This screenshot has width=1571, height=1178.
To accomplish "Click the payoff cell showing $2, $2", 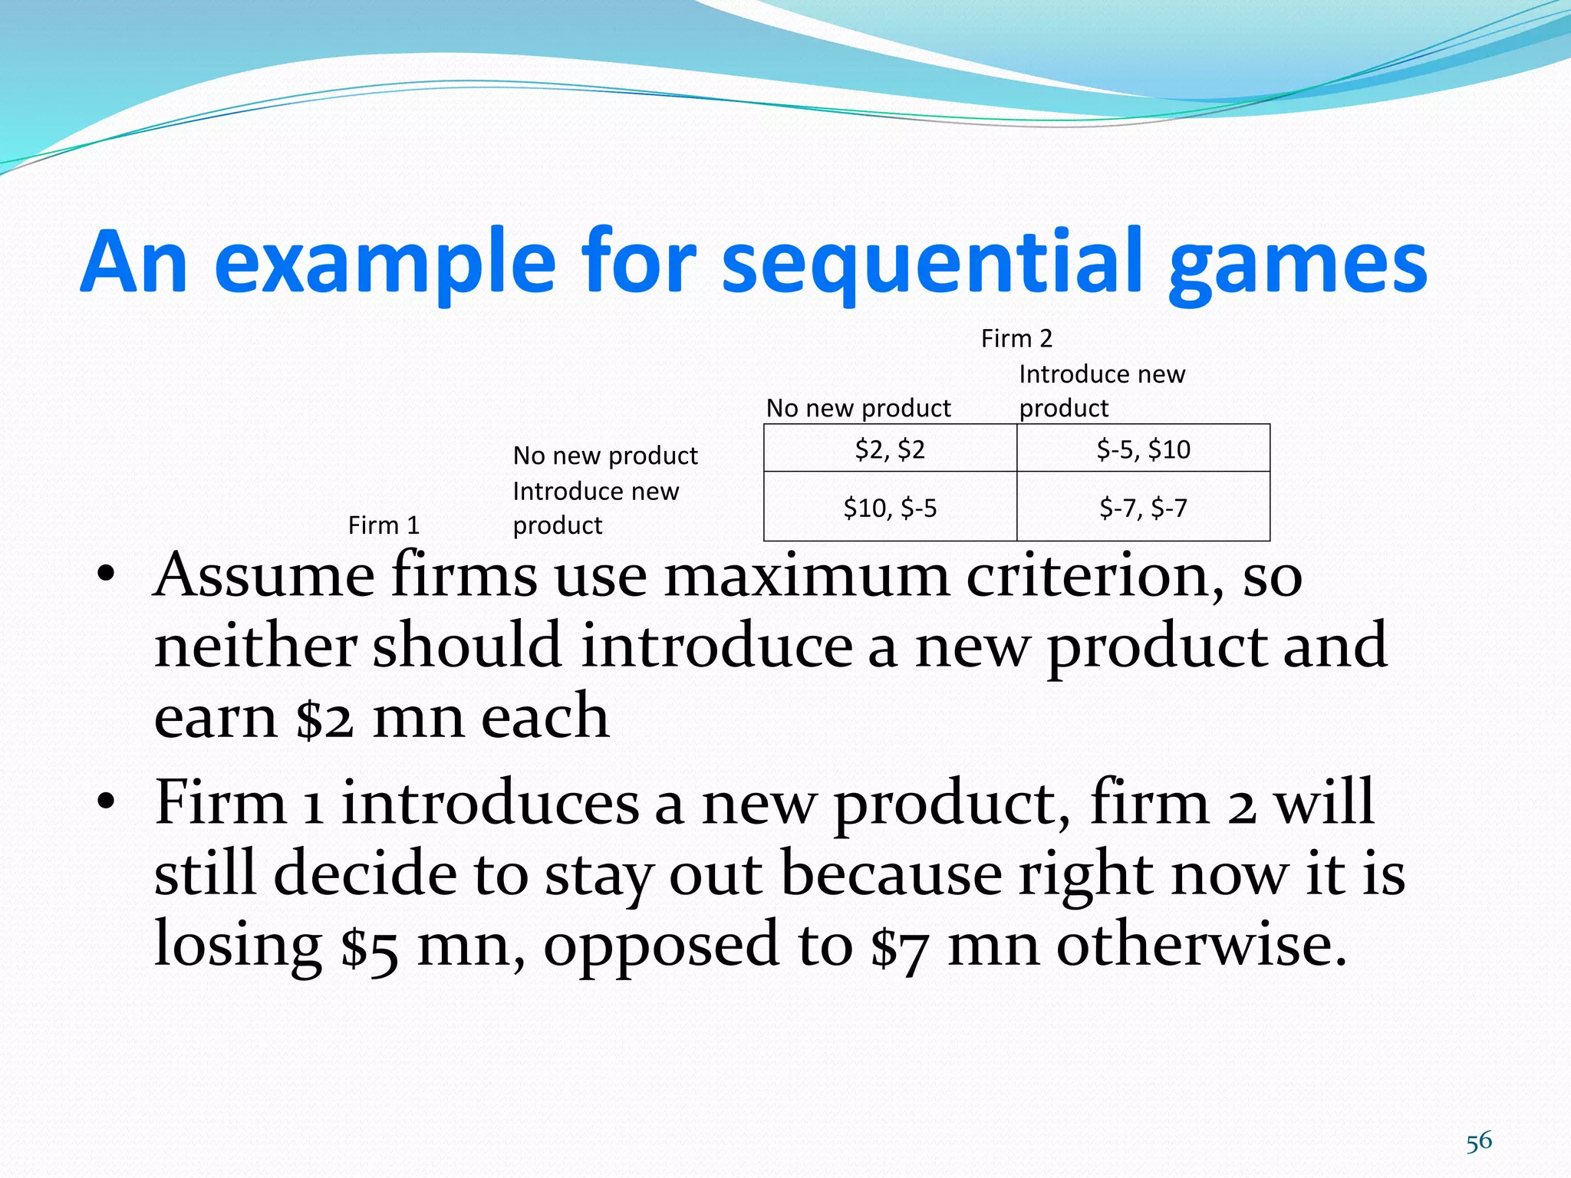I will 890,449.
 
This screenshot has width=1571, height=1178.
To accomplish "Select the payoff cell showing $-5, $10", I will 1143,449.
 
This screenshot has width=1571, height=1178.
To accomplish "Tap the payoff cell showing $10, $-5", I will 890,508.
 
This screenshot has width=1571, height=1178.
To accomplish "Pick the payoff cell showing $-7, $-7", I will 1143,508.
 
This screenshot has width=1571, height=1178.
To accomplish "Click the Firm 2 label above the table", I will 1016,338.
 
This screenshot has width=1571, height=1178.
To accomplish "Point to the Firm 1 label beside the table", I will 384,525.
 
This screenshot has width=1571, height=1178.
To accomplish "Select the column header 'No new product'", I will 858,408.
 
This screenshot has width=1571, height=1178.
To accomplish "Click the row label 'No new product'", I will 605,456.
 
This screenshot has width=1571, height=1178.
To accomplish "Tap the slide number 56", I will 1478,1142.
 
